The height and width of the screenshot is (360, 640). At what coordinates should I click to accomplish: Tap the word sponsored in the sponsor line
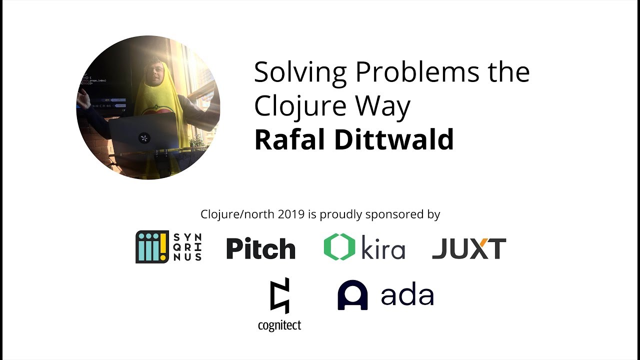[x=394, y=214]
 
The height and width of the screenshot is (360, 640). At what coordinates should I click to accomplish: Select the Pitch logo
[x=260, y=248]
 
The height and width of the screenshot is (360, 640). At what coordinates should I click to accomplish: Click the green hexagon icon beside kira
[x=339, y=247]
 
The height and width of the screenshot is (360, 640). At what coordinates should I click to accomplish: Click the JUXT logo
[x=469, y=248]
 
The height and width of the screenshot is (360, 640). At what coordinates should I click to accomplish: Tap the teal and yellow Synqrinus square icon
[x=152, y=247]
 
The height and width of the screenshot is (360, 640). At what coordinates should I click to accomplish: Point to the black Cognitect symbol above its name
[x=279, y=295]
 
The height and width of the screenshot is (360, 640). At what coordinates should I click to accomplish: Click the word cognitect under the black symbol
[x=279, y=326]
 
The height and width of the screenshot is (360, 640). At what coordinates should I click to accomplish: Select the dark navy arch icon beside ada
[x=352, y=295]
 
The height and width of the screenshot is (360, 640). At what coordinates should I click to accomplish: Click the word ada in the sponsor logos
[x=407, y=295]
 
